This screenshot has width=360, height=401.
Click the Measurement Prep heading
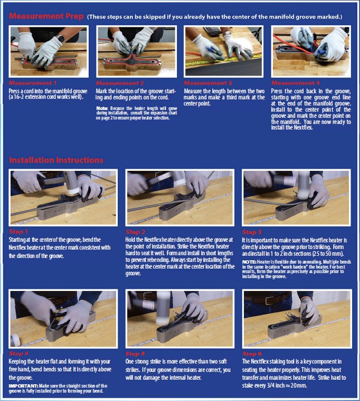pyautogui.click(x=46, y=16)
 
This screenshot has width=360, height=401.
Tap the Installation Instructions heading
pyautogui.click(x=56, y=160)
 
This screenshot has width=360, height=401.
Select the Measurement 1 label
pyautogui.click(x=33, y=83)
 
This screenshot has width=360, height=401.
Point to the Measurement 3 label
pyautogui.click(x=208, y=83)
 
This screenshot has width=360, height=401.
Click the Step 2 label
pyautogui.click(x=135, y=232)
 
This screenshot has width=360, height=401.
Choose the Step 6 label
pyautogui.click(x=252, y=354)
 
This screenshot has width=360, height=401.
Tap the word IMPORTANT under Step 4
pyautogui.click(x=23, y=386)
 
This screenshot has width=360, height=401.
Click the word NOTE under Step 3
pyautogui.click(x=249, y=262)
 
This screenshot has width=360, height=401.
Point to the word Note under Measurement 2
pyautogui.click(x=102, y=108)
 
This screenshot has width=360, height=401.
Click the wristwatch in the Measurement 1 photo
pyautogui.click(x=60, y=38)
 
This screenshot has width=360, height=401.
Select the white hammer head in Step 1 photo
pyautogui.click(x=73, y=190)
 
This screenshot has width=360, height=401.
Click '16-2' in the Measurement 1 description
pyautogui.click(x=18, y=97)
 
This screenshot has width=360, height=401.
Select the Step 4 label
pyautogui.click(x=18, y=354)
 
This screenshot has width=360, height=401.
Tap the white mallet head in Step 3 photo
pyautogui.click(x=304, y=195)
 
